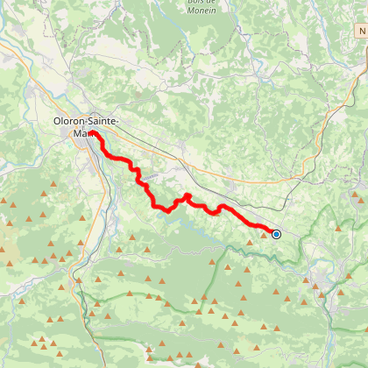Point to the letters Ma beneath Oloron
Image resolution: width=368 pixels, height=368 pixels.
(78, 134)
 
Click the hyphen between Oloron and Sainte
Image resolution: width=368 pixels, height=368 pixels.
(88, 122)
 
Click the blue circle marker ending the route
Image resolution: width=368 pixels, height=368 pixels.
(276, 234)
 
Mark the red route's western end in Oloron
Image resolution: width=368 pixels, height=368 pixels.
(91, 134)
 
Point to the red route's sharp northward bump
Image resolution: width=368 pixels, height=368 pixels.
(188, 195)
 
